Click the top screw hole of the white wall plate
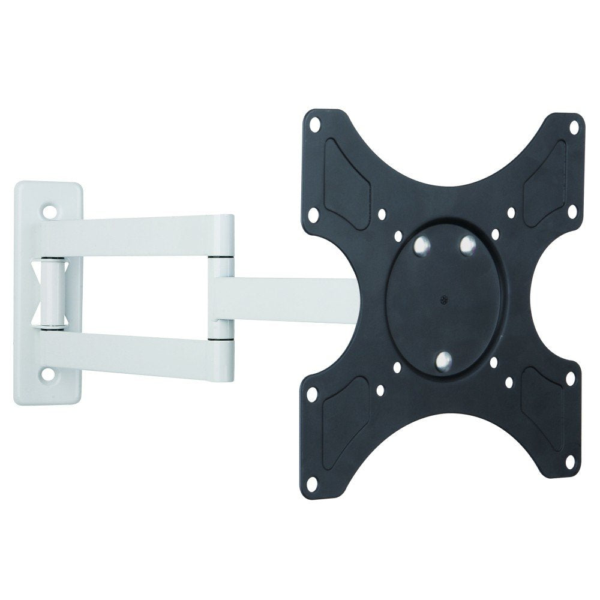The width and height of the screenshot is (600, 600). click(48, 212)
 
